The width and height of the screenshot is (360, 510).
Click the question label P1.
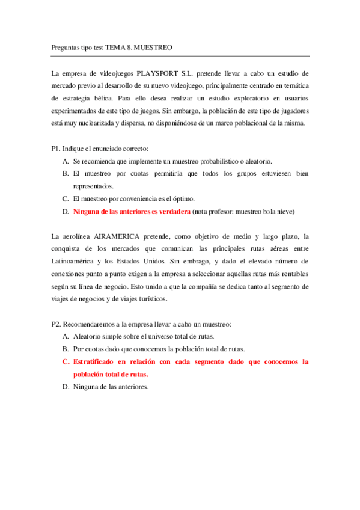56,148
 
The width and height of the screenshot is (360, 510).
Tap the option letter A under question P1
65,161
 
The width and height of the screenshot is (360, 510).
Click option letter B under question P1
65,174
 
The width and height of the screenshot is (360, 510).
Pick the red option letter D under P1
65,212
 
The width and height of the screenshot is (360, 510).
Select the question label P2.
56,324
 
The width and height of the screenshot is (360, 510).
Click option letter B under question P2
65,349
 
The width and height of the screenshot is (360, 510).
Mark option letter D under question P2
65,387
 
